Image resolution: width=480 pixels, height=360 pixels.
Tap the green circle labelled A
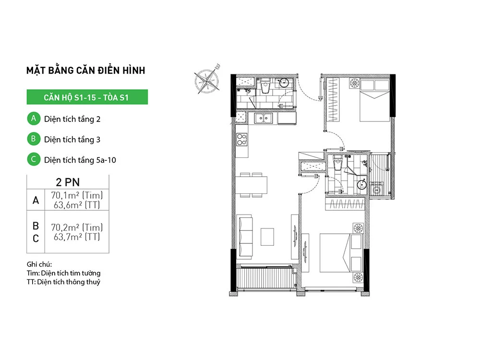coord(34,119)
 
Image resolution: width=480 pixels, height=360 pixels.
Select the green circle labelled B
coord(34,139)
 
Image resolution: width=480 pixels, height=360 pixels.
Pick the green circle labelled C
coord(34,159)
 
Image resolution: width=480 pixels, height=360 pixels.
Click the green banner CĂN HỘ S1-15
coord(87,97)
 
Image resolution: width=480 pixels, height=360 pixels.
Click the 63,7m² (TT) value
coord(77,237)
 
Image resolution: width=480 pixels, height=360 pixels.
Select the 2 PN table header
coord(68,182)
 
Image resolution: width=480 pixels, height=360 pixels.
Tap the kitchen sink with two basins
coord(263,118)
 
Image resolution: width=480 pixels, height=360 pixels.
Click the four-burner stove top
coord(242,139)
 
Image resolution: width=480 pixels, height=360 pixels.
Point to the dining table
coord(252,185)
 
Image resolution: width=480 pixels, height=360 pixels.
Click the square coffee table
coord(267,237)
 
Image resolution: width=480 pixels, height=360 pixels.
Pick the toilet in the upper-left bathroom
coord(265,85)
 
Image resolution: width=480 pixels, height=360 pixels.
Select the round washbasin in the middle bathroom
coord(361,184)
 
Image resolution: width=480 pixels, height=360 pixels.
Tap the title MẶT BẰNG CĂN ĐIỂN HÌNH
coord(86,70)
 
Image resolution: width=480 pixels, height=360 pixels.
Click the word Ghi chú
coord(39,264)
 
